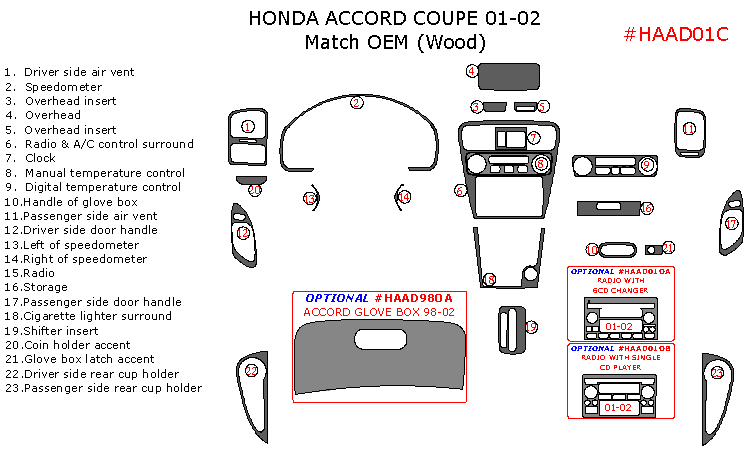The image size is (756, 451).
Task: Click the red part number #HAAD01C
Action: pos(675,34)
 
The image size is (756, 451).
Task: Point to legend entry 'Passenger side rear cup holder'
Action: pos(103,388)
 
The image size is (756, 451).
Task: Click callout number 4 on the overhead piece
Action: pos(472,71)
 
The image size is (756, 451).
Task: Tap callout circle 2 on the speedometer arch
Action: pos(356,103)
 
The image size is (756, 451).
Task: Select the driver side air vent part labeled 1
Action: pos(247,127)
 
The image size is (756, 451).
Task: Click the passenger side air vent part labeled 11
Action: pos(689,129)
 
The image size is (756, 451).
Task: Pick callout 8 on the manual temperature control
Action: pos(541,164)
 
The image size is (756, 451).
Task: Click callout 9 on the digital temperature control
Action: pos(647,164)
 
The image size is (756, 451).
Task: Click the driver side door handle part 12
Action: pos(243,233)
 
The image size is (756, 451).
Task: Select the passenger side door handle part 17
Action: pos(731,224)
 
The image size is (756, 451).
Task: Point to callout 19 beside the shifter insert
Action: pos(532,327)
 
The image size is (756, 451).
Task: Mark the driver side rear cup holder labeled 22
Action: pos(251,371)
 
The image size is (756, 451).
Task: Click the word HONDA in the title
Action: pos(285,18)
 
